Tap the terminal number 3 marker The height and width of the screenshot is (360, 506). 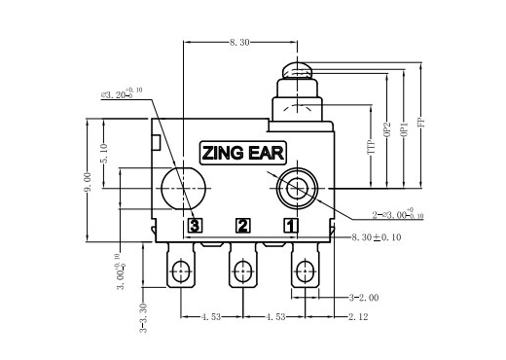click(195, 226)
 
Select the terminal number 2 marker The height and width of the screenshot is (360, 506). click(242, 226)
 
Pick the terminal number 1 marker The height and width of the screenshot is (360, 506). click(290, 226)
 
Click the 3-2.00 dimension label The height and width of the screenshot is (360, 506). click(363, 297)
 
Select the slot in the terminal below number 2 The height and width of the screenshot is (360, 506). click(241, 270)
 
